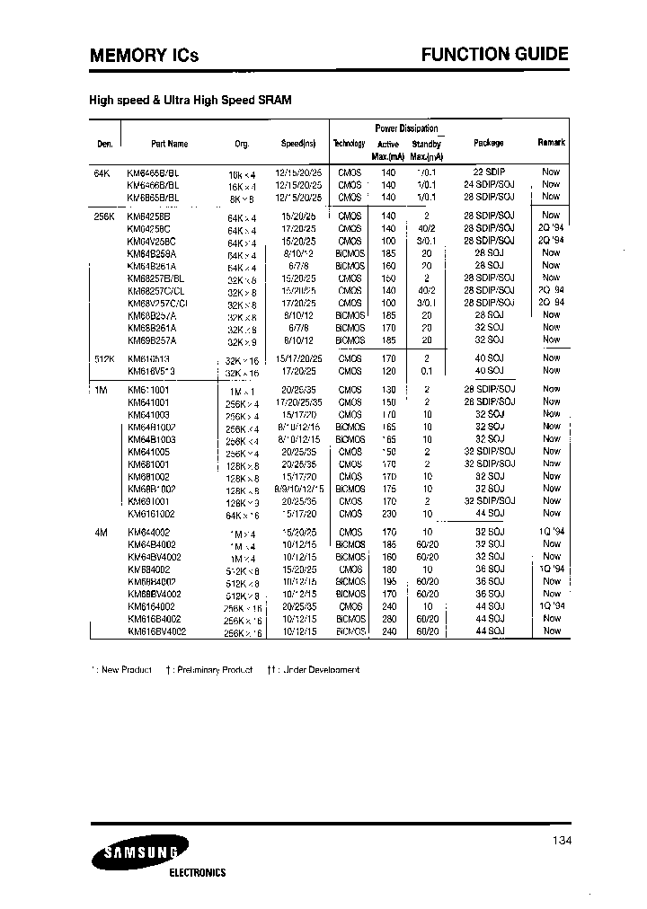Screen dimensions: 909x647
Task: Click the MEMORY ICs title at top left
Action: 144,56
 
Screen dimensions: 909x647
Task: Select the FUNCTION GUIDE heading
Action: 495,54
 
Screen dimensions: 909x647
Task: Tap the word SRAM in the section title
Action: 274,101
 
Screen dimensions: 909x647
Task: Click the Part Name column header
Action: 170,143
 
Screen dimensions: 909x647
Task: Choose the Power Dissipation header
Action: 406,128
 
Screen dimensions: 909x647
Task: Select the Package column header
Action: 488,143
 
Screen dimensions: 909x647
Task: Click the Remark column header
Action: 551,142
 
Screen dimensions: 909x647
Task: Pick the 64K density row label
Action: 102,171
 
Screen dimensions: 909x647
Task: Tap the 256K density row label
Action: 104,216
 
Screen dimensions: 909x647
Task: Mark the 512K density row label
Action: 104,357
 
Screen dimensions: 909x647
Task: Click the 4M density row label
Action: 101,533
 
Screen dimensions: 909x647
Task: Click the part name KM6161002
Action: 151,513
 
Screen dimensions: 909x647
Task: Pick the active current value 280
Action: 388,619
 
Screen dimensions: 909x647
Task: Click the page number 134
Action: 559,842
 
